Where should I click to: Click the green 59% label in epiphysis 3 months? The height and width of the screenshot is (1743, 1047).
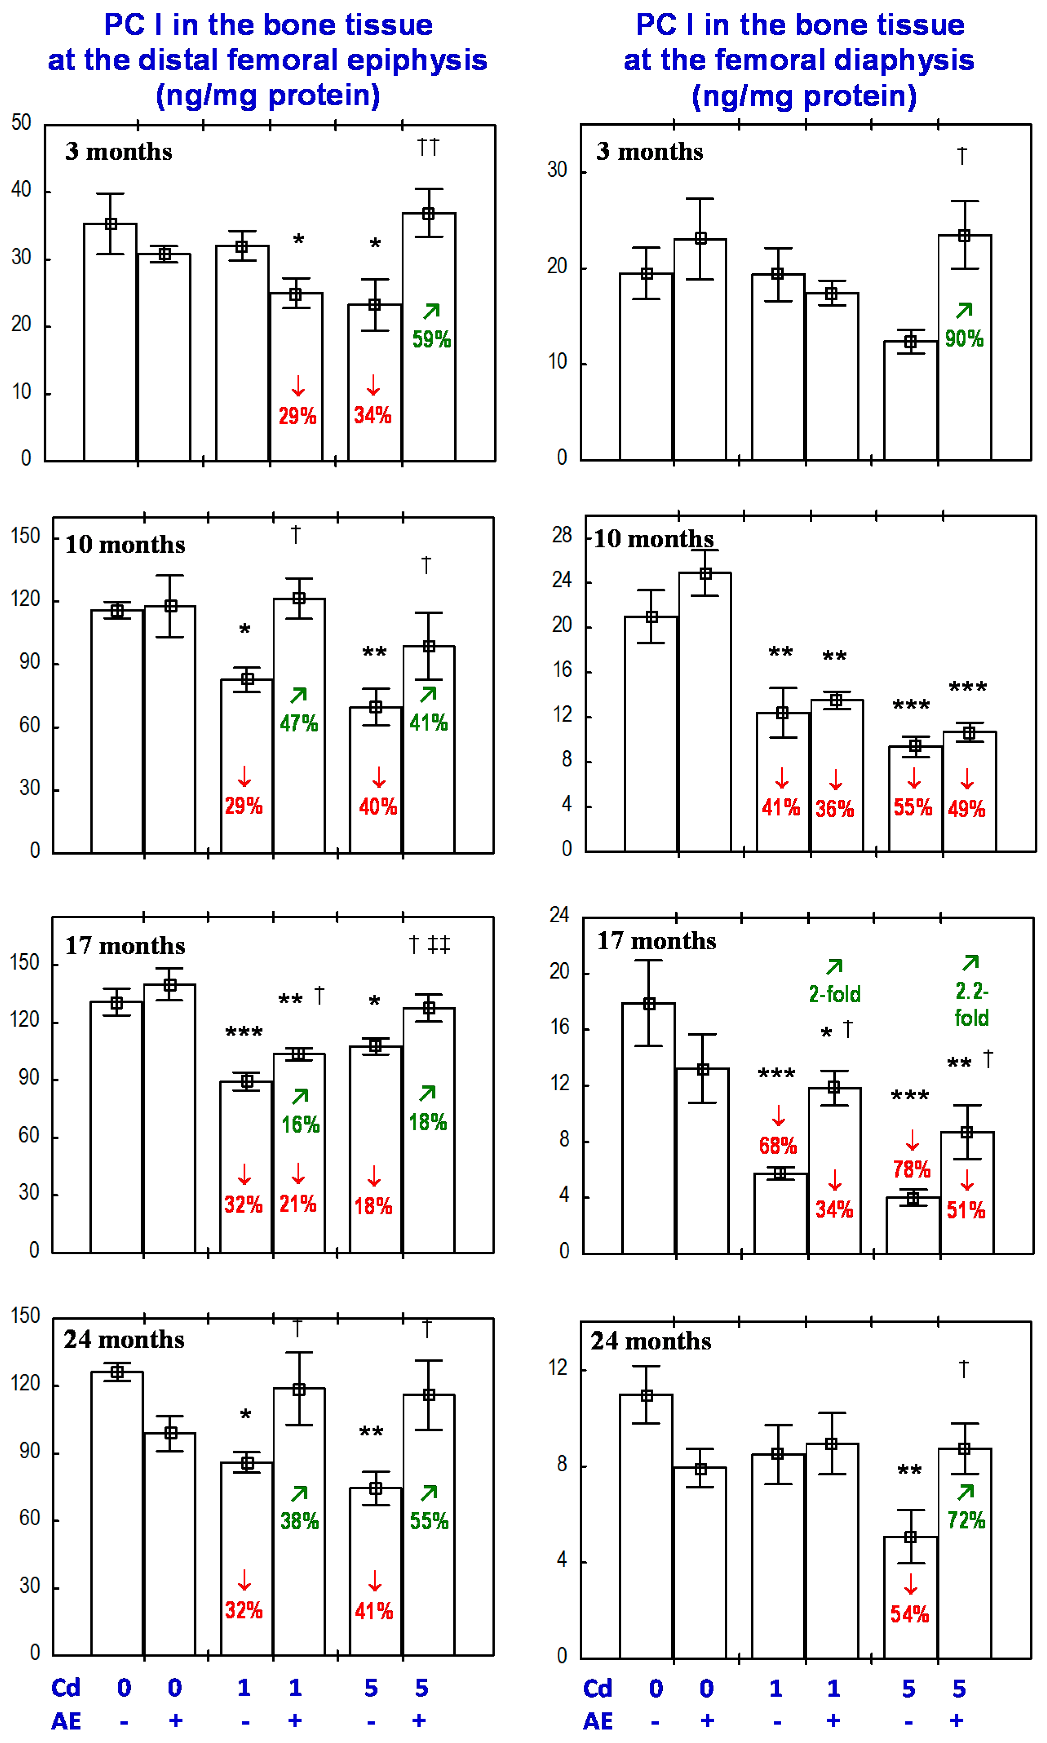tap(431, 339)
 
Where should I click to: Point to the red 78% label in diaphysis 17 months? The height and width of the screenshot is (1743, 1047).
tap(912, 1169)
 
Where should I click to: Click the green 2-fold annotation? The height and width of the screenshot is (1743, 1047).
tap(835, 994)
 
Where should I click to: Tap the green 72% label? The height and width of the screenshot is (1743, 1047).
tap(966, 1519)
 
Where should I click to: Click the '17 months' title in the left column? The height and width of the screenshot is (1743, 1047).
tap(125, 946)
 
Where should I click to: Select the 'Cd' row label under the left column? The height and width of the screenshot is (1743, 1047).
tap(66, 1688)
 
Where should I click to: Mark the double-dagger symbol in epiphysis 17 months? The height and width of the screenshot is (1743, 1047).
tap(439, 944)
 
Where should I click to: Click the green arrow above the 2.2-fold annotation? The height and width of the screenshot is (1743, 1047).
tap(971, 963)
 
